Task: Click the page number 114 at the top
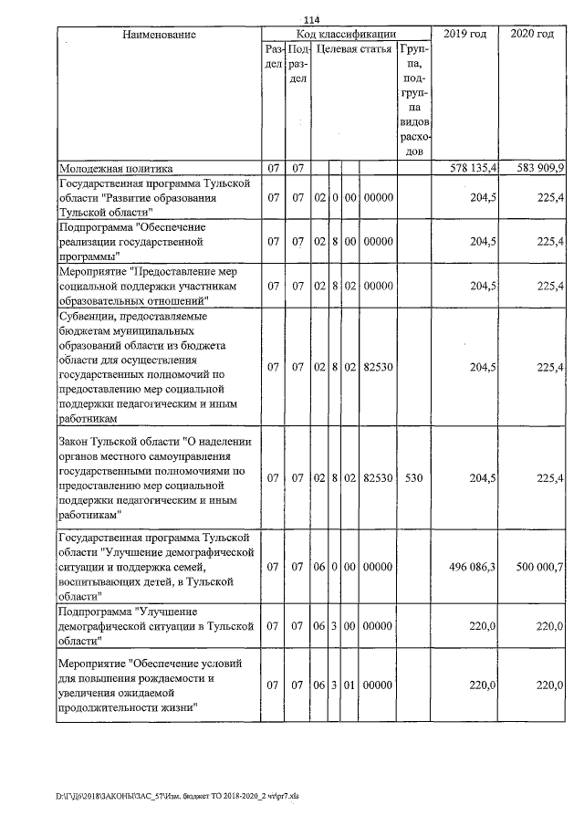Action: point(313,21)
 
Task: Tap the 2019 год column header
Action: point(464,35)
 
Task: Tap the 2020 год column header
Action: point(533,35)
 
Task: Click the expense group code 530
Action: point(413,476)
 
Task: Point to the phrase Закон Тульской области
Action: point(117,442)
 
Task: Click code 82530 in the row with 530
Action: point(377,476)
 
